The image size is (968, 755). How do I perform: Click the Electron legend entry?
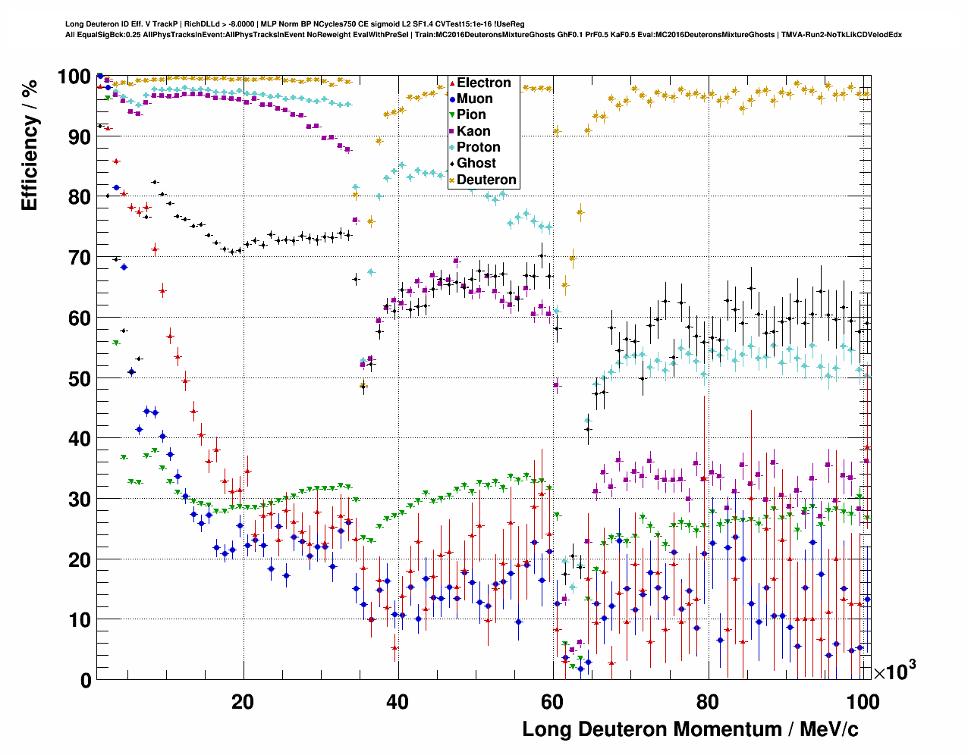[x=483, y=83]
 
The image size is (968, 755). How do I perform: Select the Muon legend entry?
[x=474, y=99]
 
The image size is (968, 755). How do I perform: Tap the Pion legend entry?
[x=471, y=114]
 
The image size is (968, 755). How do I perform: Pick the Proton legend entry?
[x=478, y=147]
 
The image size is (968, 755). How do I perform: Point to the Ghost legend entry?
[x=476, y=163]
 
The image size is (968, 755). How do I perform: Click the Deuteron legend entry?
[x=486, y=180]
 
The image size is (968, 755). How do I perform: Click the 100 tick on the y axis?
[x=74, y=77]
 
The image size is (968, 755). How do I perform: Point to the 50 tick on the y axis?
[x=80, y=378]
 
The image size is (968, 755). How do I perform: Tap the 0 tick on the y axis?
[x=86, y=680]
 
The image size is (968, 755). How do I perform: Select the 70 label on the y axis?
[x=80, y=258]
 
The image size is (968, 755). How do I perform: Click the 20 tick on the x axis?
[x=243, y=701]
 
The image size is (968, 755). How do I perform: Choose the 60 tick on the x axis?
[x=552, y=701]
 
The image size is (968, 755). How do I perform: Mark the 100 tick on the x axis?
[x=863, y=701]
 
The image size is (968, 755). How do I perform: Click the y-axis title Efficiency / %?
[x=30, y=144]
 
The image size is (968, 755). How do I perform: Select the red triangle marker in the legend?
[x=452, y=83]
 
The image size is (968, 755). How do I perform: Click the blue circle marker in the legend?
[x=452, y=99]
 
